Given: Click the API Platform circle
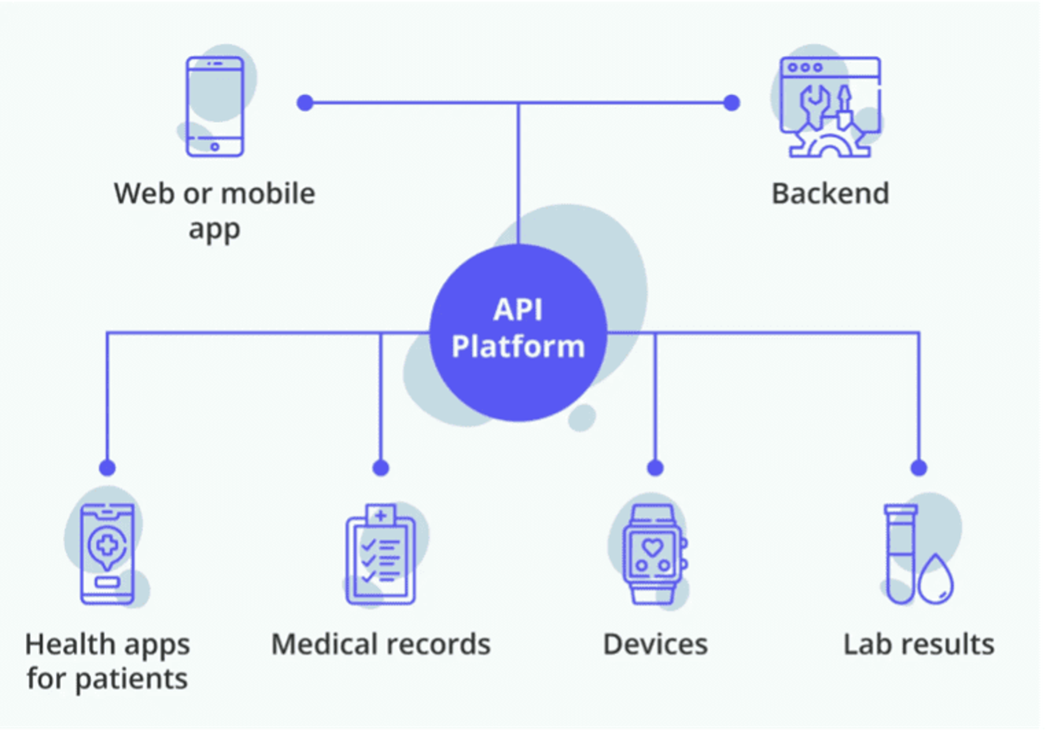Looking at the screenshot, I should coord(518,332).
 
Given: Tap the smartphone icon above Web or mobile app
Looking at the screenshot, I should coord(215,106).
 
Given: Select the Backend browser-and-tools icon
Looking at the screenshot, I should coord(830,107).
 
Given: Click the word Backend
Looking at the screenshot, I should coord(830,193).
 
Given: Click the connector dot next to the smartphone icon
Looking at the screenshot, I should coord(305,103).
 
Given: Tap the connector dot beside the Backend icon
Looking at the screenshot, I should coord(732,103).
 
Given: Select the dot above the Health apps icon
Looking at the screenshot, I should coord(107,468).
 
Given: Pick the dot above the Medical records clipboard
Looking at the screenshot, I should coord(381,468).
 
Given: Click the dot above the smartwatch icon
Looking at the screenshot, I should coord(655,468).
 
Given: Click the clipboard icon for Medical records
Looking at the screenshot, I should coord(381,554).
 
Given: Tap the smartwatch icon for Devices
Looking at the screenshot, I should coord(653,554).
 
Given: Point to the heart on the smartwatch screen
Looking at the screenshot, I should coord(652,547).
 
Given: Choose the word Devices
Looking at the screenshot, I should coord(655,644).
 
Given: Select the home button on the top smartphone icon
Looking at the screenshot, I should coord(215,147).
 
